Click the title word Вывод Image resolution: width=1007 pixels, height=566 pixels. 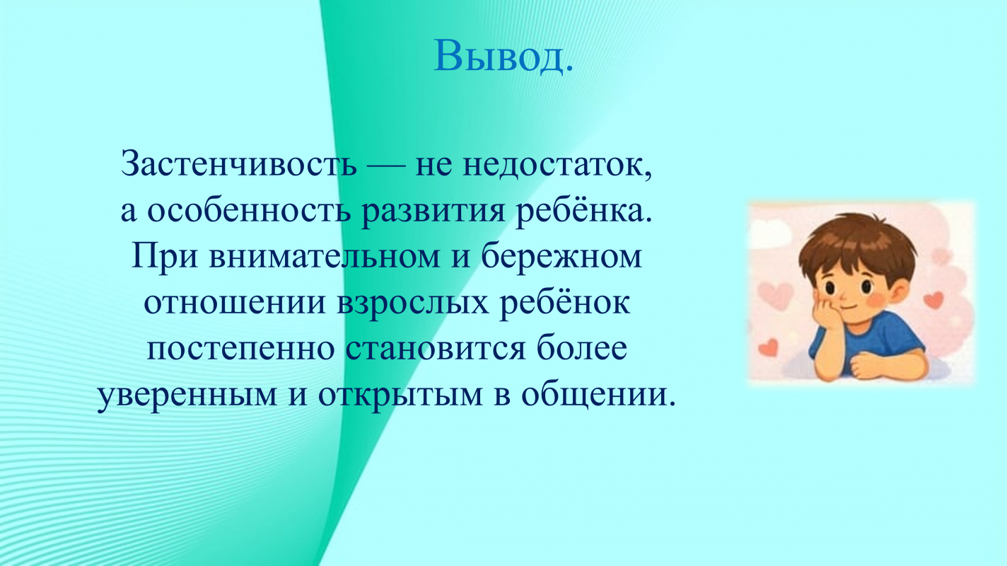(x=503, y=56)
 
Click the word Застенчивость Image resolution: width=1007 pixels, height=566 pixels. (x=239, y=163)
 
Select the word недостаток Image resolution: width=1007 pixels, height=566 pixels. (x=557, y=165)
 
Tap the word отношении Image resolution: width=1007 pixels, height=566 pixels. (x=235, y=304)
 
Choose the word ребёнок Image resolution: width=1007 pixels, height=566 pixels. (x=564, y=302)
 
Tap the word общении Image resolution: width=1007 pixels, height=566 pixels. (x=598, y=395)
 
